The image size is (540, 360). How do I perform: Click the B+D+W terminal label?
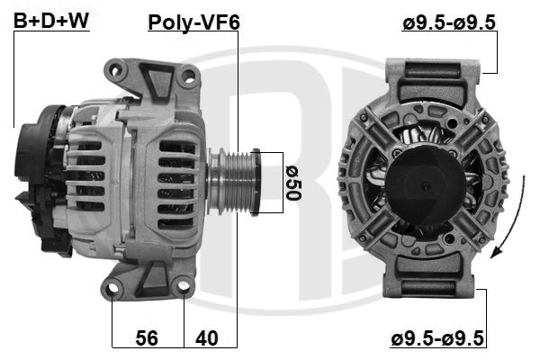click(51, 21)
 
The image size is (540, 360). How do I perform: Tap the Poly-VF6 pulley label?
click(193, 22)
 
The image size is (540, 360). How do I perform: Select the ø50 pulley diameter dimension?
click(293, 183)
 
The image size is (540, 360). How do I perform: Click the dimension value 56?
click(147, 337)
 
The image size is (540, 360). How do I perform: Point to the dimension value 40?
click(207, 338)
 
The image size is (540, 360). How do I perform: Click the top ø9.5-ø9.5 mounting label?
click(449, 22)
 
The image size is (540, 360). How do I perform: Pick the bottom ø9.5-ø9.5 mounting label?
click(437, 338)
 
